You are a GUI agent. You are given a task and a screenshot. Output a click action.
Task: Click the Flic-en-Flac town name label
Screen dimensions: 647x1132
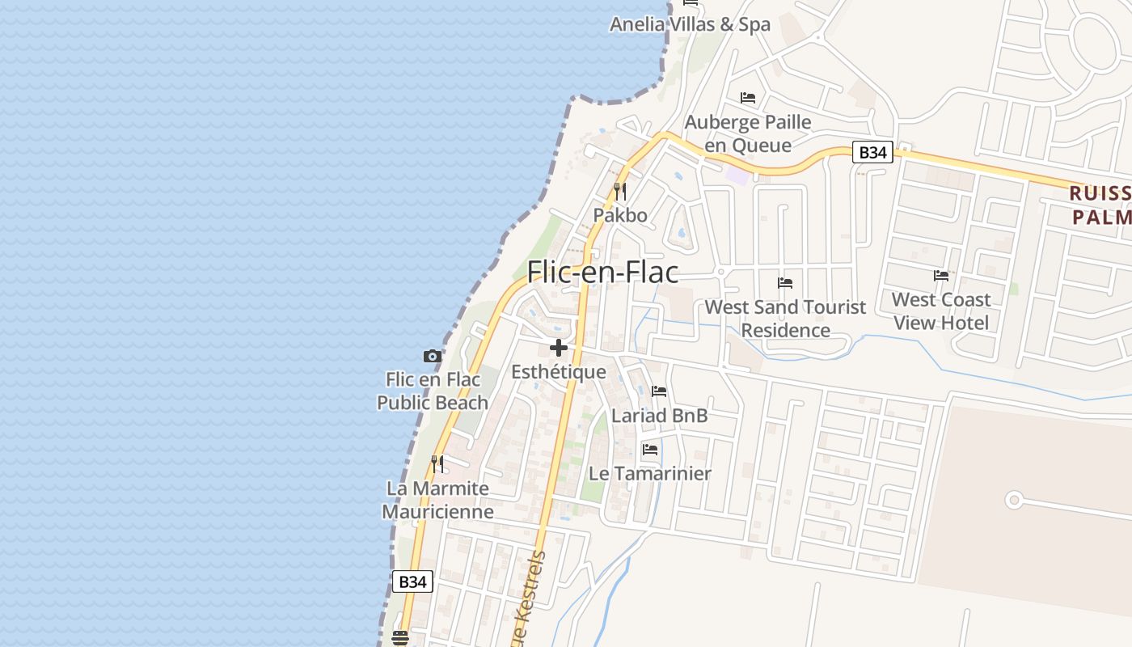[x=602, y=273]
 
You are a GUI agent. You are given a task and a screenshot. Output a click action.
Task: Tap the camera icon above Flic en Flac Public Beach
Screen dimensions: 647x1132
[x=433, y=356]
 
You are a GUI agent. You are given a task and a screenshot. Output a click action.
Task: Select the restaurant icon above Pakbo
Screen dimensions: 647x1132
[x=620, y=192]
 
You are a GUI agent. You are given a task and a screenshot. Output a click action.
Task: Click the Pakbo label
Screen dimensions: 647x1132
[x=620, y=215]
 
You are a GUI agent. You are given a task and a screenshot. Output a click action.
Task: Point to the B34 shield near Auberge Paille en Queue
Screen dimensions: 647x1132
[x=872, y=152]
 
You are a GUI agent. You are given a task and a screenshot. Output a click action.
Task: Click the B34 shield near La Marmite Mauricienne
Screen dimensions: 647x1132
[x=412, y=581]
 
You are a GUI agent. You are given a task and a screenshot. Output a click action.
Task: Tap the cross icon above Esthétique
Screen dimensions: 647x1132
[x=558, y=349]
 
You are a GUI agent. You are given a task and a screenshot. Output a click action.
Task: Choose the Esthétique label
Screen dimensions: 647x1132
[x=559, y=372]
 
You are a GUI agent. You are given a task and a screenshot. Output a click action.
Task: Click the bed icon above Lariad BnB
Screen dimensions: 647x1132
[x=659, y=392]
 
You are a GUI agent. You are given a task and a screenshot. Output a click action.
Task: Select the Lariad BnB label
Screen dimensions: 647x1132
[x=660, y=416]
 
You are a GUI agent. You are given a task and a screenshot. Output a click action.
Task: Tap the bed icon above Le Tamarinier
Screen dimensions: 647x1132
[x=650, y=450]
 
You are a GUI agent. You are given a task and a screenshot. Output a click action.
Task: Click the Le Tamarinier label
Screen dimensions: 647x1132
[x=650, y=474]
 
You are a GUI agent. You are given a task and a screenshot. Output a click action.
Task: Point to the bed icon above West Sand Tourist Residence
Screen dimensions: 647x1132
[x=785, y=283]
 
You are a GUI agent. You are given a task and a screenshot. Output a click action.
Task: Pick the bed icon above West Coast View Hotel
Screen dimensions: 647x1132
[x=941, y=276]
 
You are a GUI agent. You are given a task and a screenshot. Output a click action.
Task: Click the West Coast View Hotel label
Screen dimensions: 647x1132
[x=941, y=311]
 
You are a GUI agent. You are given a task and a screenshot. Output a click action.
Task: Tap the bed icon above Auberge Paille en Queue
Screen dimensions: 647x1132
[x=748, y=98]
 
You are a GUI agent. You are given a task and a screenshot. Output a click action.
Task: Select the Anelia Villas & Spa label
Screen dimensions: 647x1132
[x=690, y=24]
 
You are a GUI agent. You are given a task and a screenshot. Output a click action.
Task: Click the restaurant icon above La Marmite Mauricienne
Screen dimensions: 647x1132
[x=437, y=464]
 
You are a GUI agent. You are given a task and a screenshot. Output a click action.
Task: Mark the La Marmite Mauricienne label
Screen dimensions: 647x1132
[x=437, y=500]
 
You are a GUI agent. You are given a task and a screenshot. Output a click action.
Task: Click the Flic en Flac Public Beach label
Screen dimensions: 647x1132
[x=433, y=391]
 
